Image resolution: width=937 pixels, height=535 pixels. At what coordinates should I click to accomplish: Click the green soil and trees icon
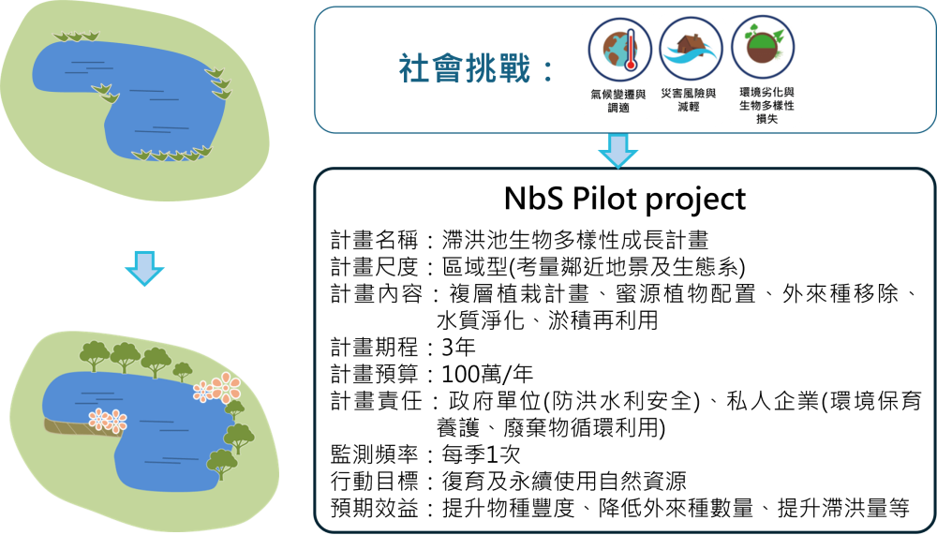coord(763,48)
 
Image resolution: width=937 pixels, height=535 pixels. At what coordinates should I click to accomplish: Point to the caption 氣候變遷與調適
coord(618,100)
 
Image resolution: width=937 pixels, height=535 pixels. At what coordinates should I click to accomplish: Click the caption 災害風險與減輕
coord(689,99)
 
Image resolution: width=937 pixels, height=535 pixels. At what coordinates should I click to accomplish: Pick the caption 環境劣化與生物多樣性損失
coord(766,105)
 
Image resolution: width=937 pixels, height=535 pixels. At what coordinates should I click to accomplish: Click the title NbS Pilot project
coord(625,199)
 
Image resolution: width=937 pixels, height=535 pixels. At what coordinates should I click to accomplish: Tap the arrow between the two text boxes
coord(617,151)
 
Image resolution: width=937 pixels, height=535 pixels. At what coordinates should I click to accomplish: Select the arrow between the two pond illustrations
coord(144,268)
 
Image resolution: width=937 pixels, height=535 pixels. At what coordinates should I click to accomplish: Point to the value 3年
coord(458,347)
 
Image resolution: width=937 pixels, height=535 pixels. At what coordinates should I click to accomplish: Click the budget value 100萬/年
coord(487,374)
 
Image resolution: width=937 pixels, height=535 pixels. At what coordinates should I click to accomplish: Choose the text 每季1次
coord(481,455)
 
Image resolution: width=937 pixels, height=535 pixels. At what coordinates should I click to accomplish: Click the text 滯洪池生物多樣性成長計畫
coord(575,240)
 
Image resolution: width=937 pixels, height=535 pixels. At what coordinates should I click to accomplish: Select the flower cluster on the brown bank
coord(108,421)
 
